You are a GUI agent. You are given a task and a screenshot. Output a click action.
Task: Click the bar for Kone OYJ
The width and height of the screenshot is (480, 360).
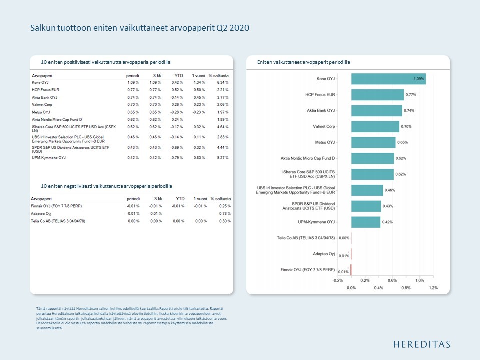pos(388,79)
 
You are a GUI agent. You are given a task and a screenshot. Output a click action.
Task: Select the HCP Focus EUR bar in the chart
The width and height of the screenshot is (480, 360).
pos(377,95)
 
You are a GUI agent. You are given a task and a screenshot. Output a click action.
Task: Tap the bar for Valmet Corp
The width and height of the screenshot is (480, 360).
pos(375,127)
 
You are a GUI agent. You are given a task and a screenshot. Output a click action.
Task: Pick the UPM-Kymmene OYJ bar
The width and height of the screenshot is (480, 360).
pos(365,222)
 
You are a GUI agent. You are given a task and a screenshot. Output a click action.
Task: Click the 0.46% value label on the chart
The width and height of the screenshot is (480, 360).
pos(390,190)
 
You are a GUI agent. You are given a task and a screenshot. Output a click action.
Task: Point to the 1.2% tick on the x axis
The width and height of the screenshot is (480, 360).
pos(433,288)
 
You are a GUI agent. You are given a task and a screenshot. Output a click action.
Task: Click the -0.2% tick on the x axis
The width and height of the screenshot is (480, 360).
pos(337,281)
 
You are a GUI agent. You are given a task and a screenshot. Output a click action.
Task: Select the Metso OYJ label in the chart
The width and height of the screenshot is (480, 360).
pos(325,143)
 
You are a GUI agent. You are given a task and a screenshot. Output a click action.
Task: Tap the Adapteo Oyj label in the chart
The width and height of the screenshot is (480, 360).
pos(324,254)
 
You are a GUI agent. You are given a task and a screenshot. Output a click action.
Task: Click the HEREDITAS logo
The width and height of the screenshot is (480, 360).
pos(421,344)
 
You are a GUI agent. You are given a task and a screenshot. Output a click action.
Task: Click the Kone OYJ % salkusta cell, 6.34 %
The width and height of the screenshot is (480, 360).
pos(223,82)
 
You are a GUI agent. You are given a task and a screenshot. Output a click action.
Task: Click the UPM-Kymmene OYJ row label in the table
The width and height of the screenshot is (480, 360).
pos(49,158)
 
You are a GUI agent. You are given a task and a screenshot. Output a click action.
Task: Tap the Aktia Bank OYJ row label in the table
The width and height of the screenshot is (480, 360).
pos(45,97)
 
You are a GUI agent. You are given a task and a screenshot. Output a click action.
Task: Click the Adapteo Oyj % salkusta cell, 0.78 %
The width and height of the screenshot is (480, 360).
pos(224,213)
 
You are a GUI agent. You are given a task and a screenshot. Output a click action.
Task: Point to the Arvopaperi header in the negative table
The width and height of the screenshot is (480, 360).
pos(42,199)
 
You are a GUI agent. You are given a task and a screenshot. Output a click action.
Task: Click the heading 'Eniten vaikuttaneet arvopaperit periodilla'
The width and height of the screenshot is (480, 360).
pos(303,62)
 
